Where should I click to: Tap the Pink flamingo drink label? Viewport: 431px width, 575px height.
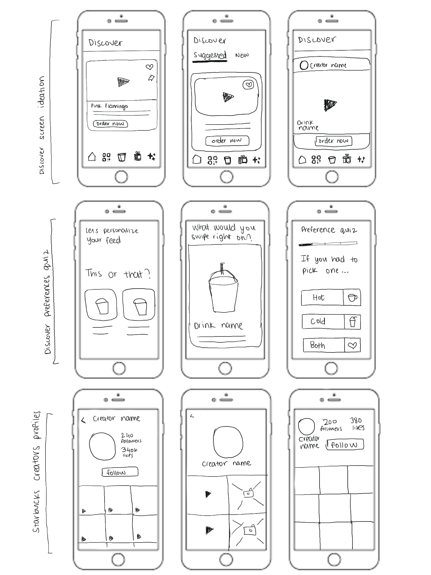coord(109,106)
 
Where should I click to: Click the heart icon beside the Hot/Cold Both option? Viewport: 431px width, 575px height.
coord(352,345)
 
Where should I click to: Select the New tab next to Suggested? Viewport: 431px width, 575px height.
coord(242,55)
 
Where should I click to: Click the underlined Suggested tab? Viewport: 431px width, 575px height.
coord(210,55)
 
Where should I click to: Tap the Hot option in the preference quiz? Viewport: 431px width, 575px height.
coord(322,297)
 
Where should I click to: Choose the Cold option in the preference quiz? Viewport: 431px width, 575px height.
coord(323,322)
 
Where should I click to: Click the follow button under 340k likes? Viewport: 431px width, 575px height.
coord(120,472)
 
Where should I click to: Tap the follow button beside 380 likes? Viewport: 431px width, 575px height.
coord(345,445)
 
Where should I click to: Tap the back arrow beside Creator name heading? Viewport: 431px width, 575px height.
coord(83,420)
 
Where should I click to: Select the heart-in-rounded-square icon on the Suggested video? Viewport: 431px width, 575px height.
coord(248,85)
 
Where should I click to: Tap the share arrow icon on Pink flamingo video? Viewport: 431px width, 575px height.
coord(151,78)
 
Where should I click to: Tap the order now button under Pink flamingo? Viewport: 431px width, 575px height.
coord(110,124)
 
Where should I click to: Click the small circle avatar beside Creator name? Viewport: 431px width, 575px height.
coord(304,65)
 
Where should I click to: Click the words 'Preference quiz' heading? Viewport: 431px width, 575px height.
coord(329,229)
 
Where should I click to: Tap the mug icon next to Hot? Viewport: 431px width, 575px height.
coord(352,297)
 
